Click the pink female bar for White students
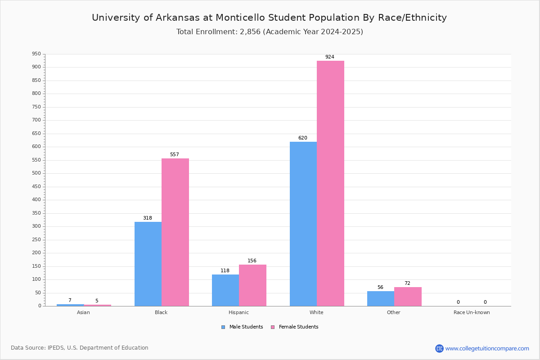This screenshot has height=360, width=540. (x=330, y=184)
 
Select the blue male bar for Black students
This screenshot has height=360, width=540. (x=148, y=264)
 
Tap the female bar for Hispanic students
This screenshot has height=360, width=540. (x=252, y=285)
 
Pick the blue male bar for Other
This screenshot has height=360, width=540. (x=381, y=299)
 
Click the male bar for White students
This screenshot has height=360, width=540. (x=303, y=224)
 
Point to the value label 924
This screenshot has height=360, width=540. (x=330, y=57)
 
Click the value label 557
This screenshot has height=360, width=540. (x=175, y=154)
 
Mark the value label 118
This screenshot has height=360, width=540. (x=225, y=270)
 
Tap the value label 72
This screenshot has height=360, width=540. (x=407, y=283)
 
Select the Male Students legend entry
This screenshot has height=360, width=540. (x=242, y=327)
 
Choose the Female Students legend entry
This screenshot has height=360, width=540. (x=295, y=327)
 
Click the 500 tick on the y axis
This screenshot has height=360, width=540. (x=36, y=173)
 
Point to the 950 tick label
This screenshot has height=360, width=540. (x=36, y=54)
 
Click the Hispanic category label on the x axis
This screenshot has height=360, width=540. (x=238, y=312)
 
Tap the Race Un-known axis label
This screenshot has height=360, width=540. (x=472, y=312)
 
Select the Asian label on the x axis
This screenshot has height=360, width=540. (x=83, y=312)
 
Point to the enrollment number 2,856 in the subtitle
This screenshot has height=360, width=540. (x=250, y=32)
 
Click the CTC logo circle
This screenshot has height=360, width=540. (x=439, y=348)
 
